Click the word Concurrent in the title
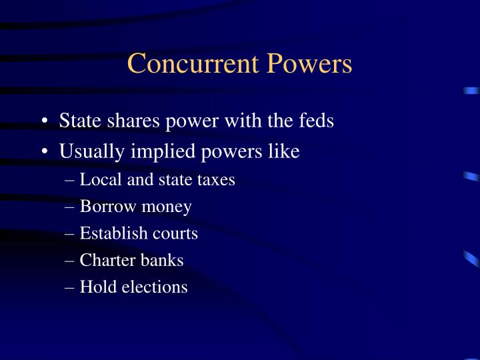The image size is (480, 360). point(195,64)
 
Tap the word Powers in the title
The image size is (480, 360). point(311,64)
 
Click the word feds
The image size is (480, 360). point(313,121)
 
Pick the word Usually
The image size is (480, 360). point(89,151)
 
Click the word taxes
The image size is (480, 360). point(217,179)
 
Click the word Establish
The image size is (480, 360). point(107,233)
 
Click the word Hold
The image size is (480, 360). point(95,287)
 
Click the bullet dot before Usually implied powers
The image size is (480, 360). point(44,152)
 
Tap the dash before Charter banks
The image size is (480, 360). point(71,261)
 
